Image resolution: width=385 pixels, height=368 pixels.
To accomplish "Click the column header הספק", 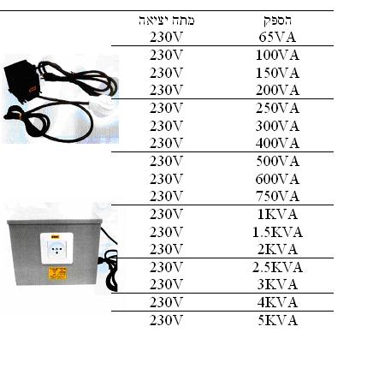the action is click(x=277, y=21).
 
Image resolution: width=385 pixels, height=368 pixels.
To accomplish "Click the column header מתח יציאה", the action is click(x=167, y=21).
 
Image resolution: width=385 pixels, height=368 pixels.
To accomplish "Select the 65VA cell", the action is click(x=277, y=38).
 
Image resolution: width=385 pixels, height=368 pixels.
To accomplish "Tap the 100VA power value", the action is click(x=277, y=55).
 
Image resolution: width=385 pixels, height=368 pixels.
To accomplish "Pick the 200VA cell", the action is click(x=277, y=91).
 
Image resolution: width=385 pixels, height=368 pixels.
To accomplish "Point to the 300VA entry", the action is click(x=277, y=126).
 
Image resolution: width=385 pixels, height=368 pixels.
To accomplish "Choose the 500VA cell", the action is click(x=277, y=161).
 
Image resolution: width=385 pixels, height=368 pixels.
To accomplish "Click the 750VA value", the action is click(x=277, y=196).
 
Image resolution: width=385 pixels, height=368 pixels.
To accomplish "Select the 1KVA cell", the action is click(x=277, y=214).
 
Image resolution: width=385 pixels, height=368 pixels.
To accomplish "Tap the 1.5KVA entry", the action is click(x=277, y=232).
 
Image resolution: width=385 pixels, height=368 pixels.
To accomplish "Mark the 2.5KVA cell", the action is click(x=277, y=267).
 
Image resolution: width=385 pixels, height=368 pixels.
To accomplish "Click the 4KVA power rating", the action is click(x=277, y=302).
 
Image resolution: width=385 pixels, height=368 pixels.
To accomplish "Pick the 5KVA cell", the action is click(x=277, y=320).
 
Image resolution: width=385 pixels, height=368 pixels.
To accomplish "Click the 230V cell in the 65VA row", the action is click(x=166, y=38).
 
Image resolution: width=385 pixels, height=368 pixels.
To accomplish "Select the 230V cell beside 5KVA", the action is click(x=166, y=320).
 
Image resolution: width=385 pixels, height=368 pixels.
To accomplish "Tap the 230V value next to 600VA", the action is click(x=166, y=179).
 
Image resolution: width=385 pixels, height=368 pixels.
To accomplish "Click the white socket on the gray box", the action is click(x=56, y=248).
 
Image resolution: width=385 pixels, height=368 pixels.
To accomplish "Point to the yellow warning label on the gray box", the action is click(x=57, y=273).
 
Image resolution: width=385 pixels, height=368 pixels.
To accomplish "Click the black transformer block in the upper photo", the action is click(x=22, y=80).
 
